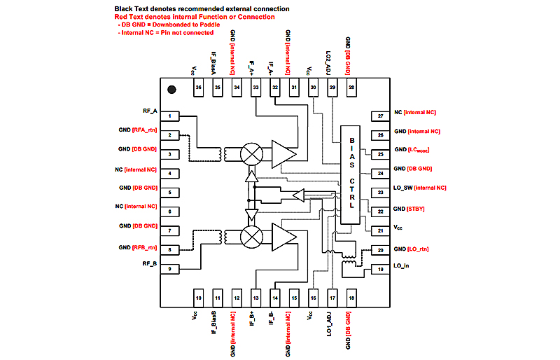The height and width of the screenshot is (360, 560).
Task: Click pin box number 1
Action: tap(170, 116)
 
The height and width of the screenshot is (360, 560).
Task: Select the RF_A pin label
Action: tap(151, 111)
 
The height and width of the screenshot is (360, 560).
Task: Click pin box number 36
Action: tap(199, 87)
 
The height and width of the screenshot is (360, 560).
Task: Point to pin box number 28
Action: tap(351, 87)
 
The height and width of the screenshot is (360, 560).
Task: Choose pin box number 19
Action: tap(380, 269)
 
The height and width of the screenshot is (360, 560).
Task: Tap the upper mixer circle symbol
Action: tap(251, 153)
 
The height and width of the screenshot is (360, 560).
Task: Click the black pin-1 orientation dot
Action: tap(170, 90)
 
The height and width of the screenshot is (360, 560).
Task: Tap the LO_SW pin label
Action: tap(407, 188)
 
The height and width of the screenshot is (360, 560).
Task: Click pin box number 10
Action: tap(199, 298)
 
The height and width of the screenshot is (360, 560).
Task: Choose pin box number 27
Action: tap(380, 116)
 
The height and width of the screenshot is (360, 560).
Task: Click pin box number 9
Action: tap(170, 269)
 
